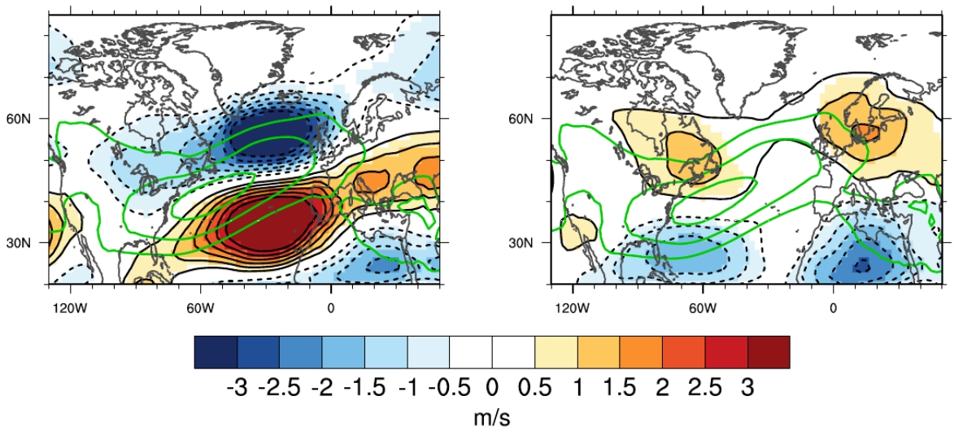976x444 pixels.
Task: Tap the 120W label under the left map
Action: (70, 309)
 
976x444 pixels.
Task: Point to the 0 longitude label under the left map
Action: (330, 309)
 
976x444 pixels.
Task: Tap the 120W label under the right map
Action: (573, 309)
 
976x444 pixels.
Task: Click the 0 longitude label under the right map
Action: (833, 309)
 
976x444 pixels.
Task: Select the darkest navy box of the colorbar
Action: (216, 352)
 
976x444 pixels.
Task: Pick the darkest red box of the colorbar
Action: (768, 352)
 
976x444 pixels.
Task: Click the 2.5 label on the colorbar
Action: (704, 388)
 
